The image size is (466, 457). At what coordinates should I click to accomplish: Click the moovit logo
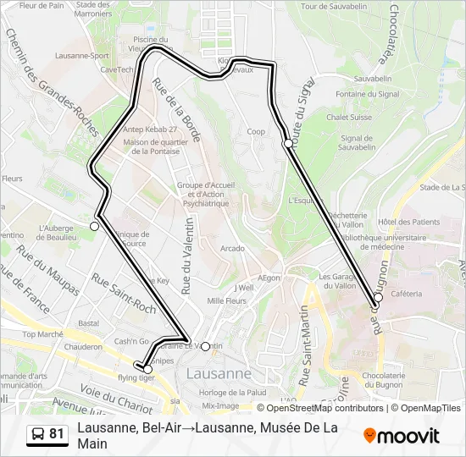(401, 436)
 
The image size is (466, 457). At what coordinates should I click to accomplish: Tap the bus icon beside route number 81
(37, 435)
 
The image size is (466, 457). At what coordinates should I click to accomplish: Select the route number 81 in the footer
(57, 434)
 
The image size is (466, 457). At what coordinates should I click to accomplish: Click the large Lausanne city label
(218, 373)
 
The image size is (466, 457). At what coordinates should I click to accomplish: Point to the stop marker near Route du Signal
(288, 143)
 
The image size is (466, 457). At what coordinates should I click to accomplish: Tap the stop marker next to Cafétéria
(379, 297)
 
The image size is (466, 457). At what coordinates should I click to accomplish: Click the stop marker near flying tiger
(148, 369)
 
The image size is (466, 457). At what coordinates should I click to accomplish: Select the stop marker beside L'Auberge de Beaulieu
(94, 226)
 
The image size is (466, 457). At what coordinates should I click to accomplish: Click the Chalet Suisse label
(349, 118)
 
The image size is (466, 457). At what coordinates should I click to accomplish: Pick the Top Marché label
(42, 334)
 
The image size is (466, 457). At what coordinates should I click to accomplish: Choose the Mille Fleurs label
(226, 300)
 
